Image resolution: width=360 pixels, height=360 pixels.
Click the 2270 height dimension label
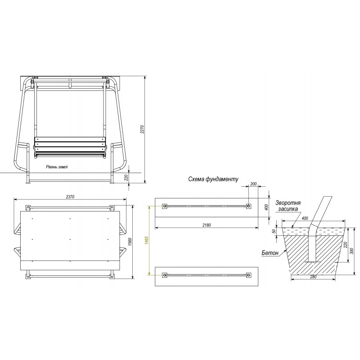click(x=142, y=130)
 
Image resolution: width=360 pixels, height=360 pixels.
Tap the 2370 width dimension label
click(x=70, y=197)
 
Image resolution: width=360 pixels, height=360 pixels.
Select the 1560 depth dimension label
click(x=130, y=242)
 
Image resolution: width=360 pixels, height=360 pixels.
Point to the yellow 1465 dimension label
click(x=147, y=240)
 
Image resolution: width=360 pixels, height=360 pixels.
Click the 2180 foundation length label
click(x=207, y=225)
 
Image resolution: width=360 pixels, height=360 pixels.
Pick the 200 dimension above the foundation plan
click(x=253, y=184)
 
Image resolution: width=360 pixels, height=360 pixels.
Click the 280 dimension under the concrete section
click(x=313, y=277)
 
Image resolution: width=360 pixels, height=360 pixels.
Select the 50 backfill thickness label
click(x=274, y=231)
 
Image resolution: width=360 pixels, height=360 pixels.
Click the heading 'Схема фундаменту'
click(x=213, y=179)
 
